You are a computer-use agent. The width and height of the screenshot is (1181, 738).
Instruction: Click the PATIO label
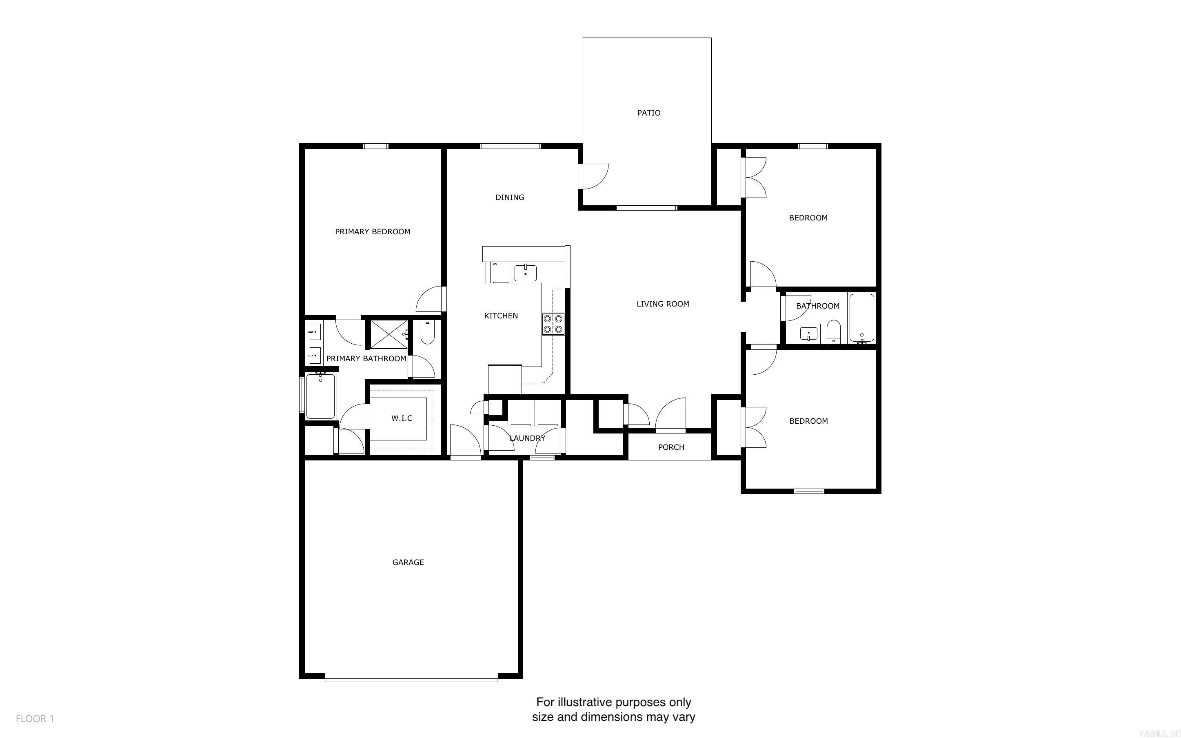[648, 113]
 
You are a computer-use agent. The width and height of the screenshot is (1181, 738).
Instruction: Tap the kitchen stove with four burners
[552, 324]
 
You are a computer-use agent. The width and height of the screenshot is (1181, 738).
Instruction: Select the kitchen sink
[525, 273]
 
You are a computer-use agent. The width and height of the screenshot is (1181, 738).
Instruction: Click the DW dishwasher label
[494, 265]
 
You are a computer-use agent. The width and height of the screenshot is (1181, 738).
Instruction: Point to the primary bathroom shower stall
[388, 334]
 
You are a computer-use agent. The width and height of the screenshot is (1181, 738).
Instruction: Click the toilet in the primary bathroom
[427, 332]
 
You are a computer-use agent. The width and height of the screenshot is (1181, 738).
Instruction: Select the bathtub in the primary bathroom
[320, 396]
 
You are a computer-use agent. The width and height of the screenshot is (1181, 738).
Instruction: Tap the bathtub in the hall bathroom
[861, 318]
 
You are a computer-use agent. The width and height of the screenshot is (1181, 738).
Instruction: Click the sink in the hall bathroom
[809, 334]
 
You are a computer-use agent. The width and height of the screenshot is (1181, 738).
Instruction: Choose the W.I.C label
[402, 418]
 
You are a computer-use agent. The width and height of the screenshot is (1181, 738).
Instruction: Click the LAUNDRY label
[527, 438]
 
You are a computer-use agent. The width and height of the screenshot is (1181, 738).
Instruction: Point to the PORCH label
[671, 447]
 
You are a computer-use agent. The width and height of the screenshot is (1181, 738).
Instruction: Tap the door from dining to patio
[593, 177]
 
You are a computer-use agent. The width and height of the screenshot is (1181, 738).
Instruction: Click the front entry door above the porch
[671, 415]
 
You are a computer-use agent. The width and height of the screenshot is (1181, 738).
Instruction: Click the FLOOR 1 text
[35, 718]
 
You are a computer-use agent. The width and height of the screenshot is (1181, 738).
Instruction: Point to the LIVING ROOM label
[662, 304]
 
